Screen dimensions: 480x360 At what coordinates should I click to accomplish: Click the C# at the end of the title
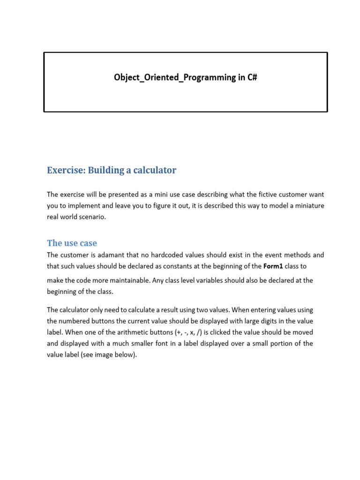252,77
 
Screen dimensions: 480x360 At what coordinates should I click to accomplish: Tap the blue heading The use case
72,243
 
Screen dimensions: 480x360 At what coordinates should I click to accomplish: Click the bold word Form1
273,266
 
